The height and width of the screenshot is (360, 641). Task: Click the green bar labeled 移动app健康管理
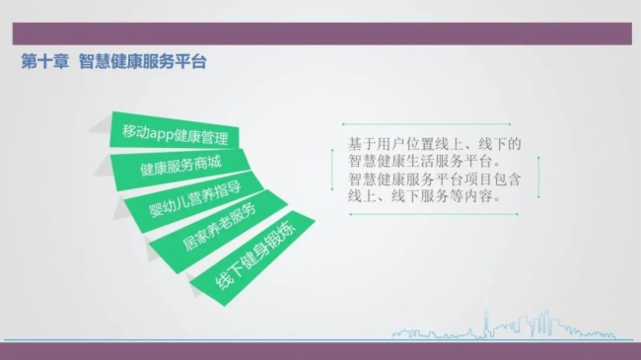tap(175, 133)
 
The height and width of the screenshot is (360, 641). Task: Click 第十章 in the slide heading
tap(44, 61)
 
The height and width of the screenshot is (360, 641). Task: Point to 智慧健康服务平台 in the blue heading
tap(143, 61)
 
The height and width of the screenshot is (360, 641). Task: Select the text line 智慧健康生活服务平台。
tap(431, 162)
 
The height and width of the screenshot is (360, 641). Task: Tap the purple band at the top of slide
tap(320, 34)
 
